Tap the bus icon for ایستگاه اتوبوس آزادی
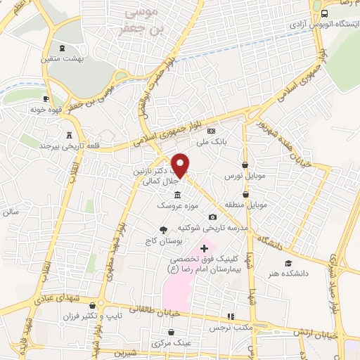coord(323,14)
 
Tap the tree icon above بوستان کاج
coord(164,229)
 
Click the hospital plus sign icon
coord(205,248)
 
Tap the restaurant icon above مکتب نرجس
coord(229,317)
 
